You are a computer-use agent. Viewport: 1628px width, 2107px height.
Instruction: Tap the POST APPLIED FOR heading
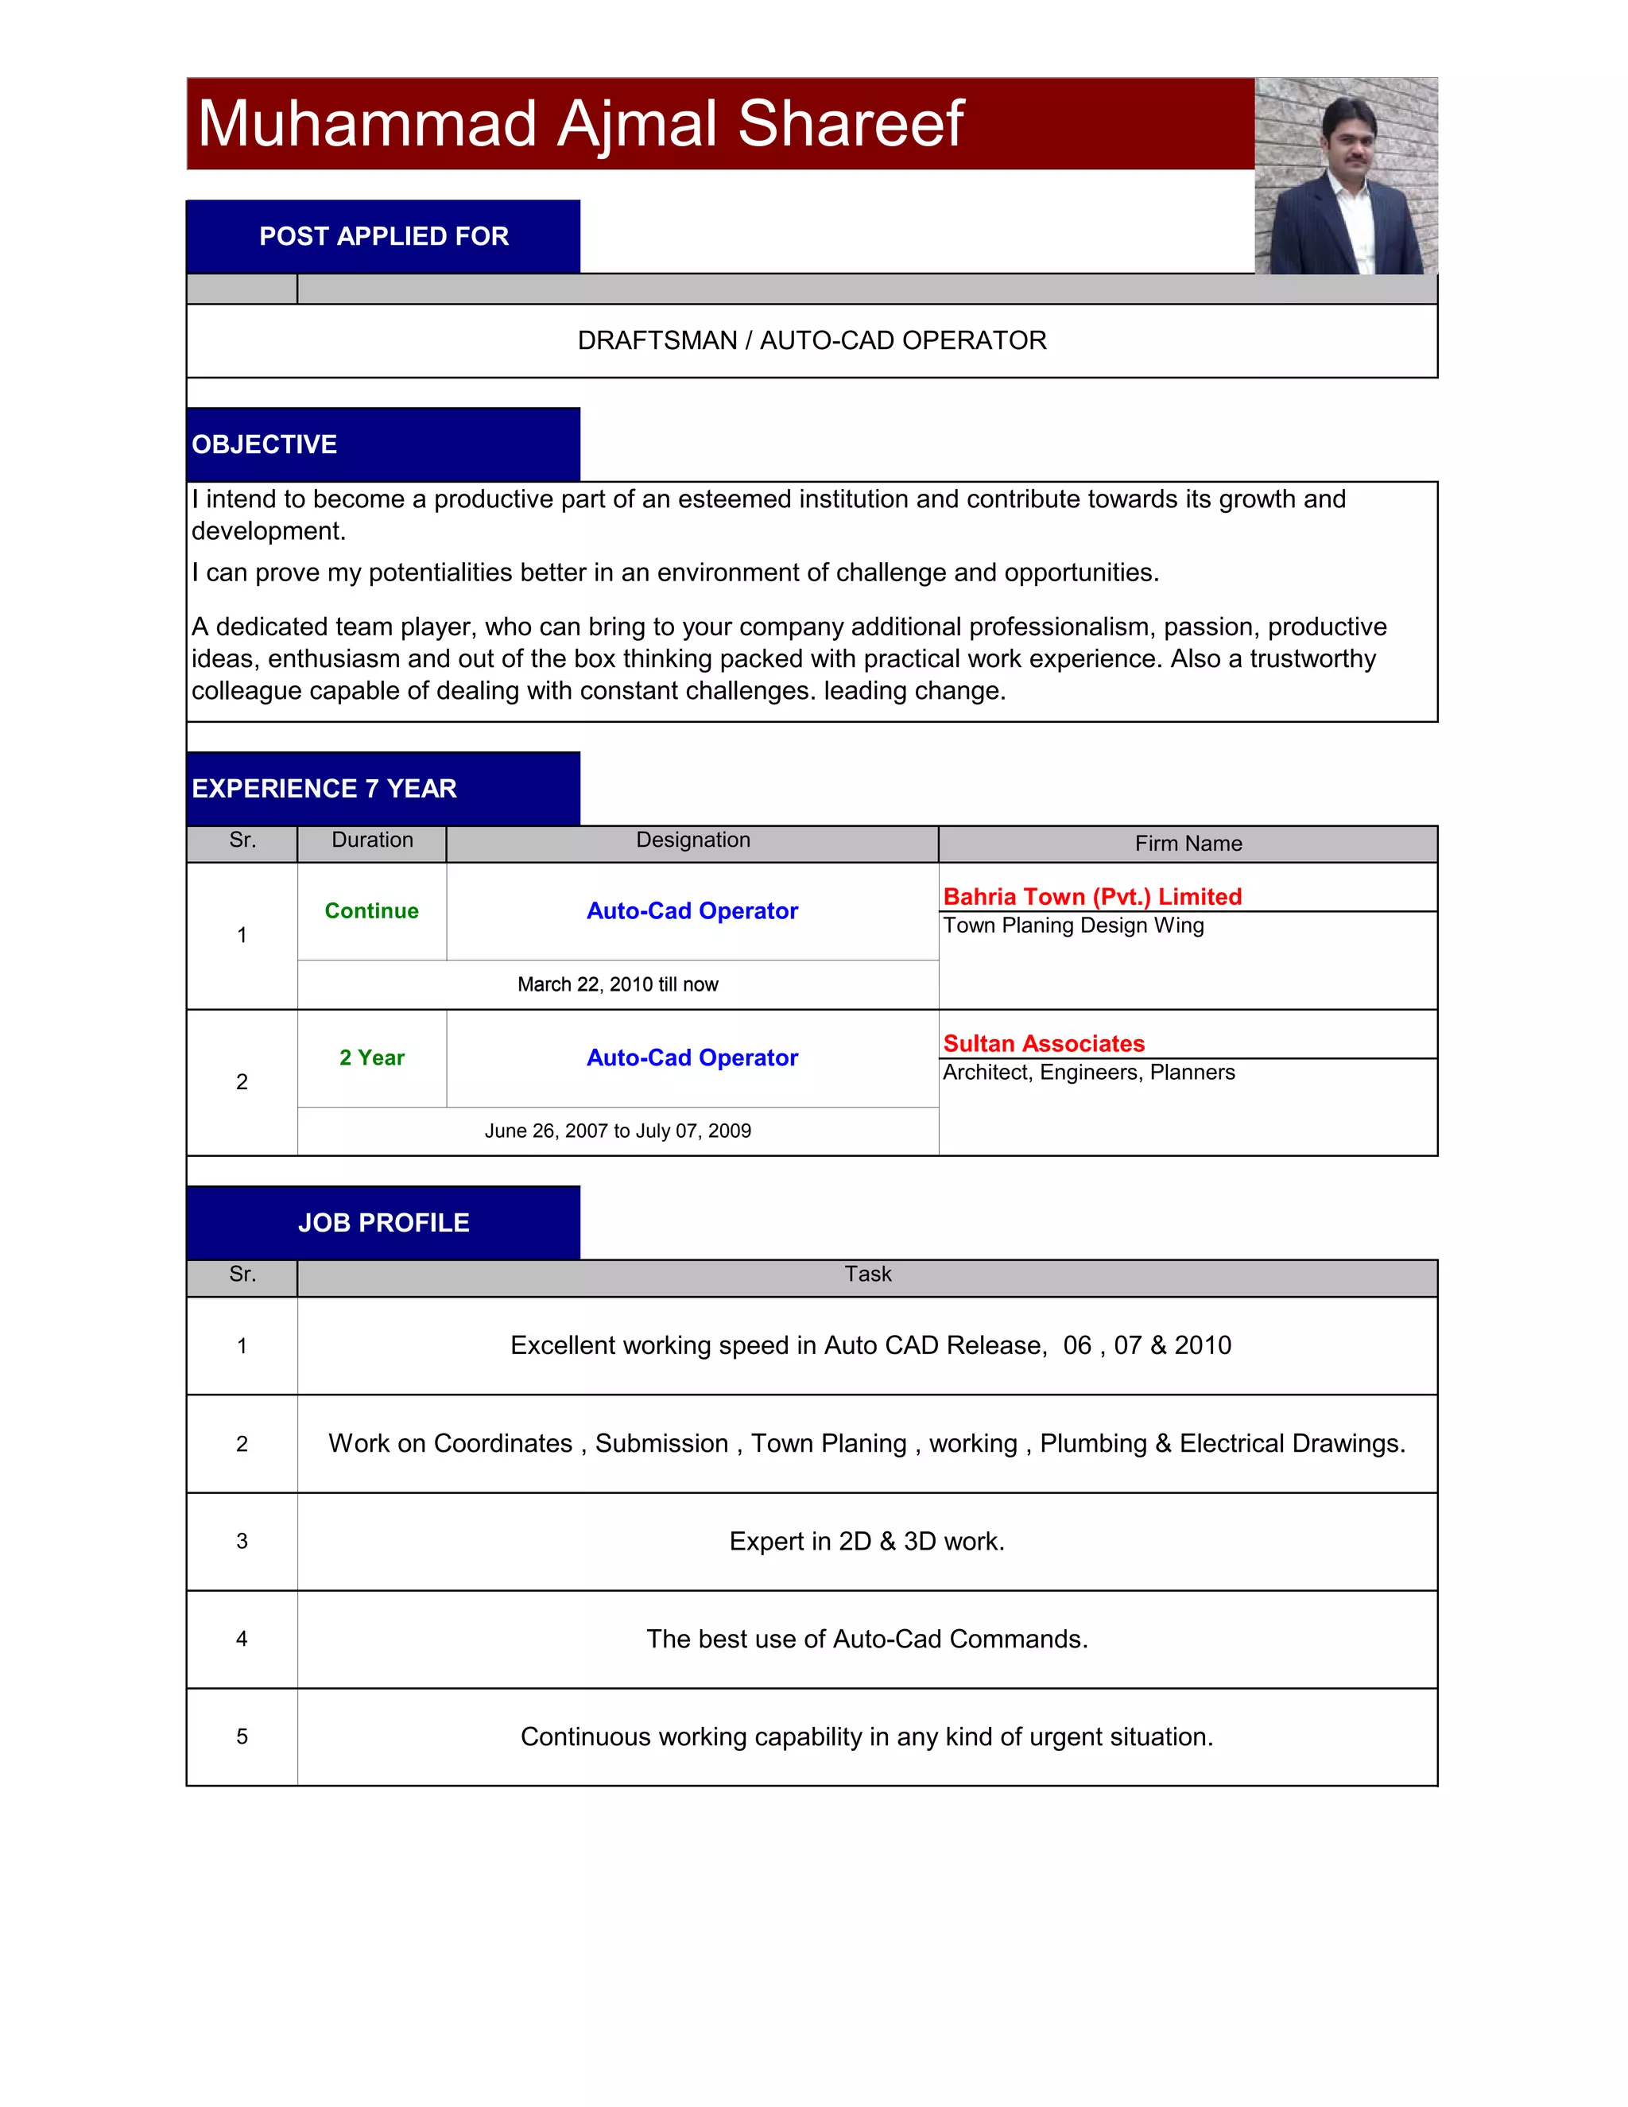click(x=384, y=236)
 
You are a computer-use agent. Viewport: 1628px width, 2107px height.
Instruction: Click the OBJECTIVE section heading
click(x=264, y=444)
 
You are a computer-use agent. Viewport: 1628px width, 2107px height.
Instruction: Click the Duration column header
click(x=372, y=840)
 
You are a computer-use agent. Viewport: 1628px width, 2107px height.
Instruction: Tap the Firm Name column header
click(x=1188, y=844)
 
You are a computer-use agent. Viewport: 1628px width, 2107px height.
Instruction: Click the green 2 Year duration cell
click(x=371, y=1057)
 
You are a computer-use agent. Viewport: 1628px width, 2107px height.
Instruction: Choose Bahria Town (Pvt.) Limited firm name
click(x=1091, y=896)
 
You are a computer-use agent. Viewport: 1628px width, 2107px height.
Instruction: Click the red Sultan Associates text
click(x=1044, y=1043)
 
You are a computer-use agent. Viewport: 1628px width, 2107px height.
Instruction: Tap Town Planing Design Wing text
click(x=1073, y=925)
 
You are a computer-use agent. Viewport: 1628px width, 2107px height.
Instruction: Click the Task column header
click(x=868, y=1275)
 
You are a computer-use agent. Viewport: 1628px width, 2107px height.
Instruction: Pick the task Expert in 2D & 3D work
click(x=867, y=1541)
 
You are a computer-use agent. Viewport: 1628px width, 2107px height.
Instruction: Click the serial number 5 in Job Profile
click(x=242, y=1736)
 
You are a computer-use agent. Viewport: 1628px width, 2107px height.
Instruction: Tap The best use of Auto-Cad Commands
click(x=867, y=1639)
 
